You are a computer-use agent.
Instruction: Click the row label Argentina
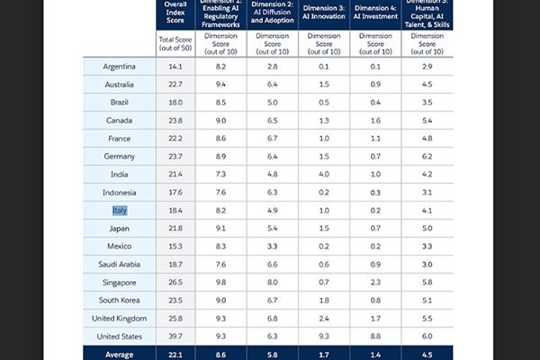point(119,67)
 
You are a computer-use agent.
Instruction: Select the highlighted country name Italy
point(119,210)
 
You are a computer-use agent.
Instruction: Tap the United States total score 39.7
point(175,336)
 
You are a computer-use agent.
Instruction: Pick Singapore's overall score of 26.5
point(175,282)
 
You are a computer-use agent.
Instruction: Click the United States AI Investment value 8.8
point(377,336)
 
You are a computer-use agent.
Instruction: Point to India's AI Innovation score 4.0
point(322,174)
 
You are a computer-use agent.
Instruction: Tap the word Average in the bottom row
point(119,354)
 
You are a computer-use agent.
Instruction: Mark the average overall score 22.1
point(175,354)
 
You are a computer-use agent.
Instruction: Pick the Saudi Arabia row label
point(119,264)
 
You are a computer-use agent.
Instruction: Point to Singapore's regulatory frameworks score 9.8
point(213,282)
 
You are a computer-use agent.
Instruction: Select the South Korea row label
point(119,300)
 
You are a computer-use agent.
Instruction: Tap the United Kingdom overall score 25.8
point(175,318)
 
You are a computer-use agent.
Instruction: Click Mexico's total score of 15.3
point(175,246)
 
